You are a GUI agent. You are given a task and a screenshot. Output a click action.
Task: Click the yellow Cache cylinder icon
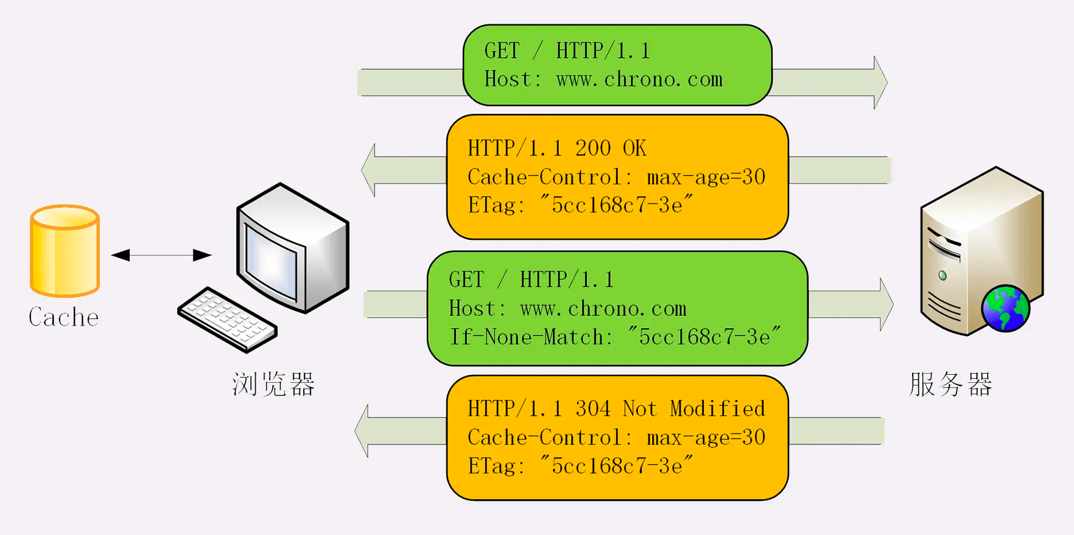point(65,250)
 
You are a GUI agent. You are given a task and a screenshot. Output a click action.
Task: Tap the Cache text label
point(63,317)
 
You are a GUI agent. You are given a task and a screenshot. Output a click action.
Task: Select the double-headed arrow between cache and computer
point(161,255)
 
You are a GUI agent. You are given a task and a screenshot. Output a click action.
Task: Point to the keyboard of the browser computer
point(227,319)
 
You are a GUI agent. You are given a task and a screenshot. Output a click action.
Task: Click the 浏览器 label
point(273,385)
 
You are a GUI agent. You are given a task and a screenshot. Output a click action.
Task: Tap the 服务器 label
point(950,385)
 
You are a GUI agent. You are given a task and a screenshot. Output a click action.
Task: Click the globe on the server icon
point(1005,309)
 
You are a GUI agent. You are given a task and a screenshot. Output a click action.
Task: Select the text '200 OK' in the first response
point(610,148)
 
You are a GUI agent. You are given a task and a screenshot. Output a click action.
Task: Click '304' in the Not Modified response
point(592,408)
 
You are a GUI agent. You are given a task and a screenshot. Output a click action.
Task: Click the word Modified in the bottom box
point(717,408)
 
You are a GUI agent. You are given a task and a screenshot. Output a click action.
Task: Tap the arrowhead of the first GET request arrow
point(880,82)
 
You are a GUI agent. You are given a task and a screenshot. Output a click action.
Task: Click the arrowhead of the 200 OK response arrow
point(368,170)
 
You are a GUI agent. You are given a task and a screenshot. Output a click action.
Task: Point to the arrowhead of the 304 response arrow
point(362,431)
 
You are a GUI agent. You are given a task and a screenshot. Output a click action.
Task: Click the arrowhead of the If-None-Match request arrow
point(886,304)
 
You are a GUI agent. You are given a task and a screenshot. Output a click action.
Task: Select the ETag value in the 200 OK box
point(616,205)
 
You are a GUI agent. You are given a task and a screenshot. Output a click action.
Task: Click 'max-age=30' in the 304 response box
point(706,438)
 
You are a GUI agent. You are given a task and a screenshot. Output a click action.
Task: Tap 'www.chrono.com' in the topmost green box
point(639,80)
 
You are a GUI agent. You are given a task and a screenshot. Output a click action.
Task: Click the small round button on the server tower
point(942,275)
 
